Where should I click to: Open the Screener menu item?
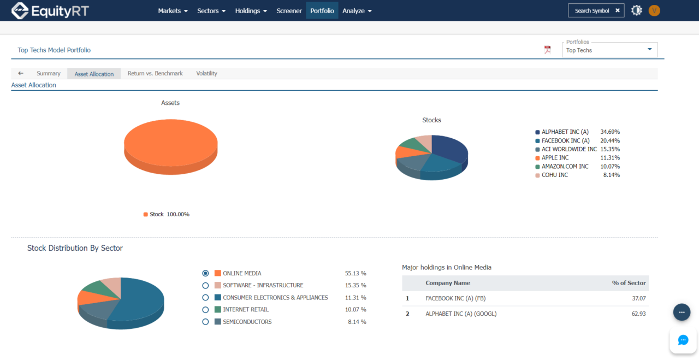(x=289, y=11)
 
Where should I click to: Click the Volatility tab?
(x=206, y=73)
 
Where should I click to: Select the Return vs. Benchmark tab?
(x=155, y=73)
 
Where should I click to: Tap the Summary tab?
(x=49, y=73)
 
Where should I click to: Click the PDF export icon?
(x=548, y=50)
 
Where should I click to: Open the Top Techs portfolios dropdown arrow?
(x=649, y=49)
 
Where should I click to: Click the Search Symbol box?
(x=592, y=10)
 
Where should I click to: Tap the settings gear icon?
(x=636, y=10)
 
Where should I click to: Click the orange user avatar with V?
(x=654, y=10)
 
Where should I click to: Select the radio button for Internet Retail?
(x=205, y=310)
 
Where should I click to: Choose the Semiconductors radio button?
(x=205, y=322)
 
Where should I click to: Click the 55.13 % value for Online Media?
(x=356, y=273)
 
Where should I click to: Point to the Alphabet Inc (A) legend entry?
(x=565, y=132)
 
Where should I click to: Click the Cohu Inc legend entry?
(x=554, y=175)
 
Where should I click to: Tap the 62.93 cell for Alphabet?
(x=637, y=314)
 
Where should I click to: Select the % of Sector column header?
(x=629, y=283)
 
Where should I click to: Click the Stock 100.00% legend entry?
(x=167, y=214)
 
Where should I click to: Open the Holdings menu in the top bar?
(x=251, y=11)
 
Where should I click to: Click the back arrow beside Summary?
(x=21, y=73)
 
